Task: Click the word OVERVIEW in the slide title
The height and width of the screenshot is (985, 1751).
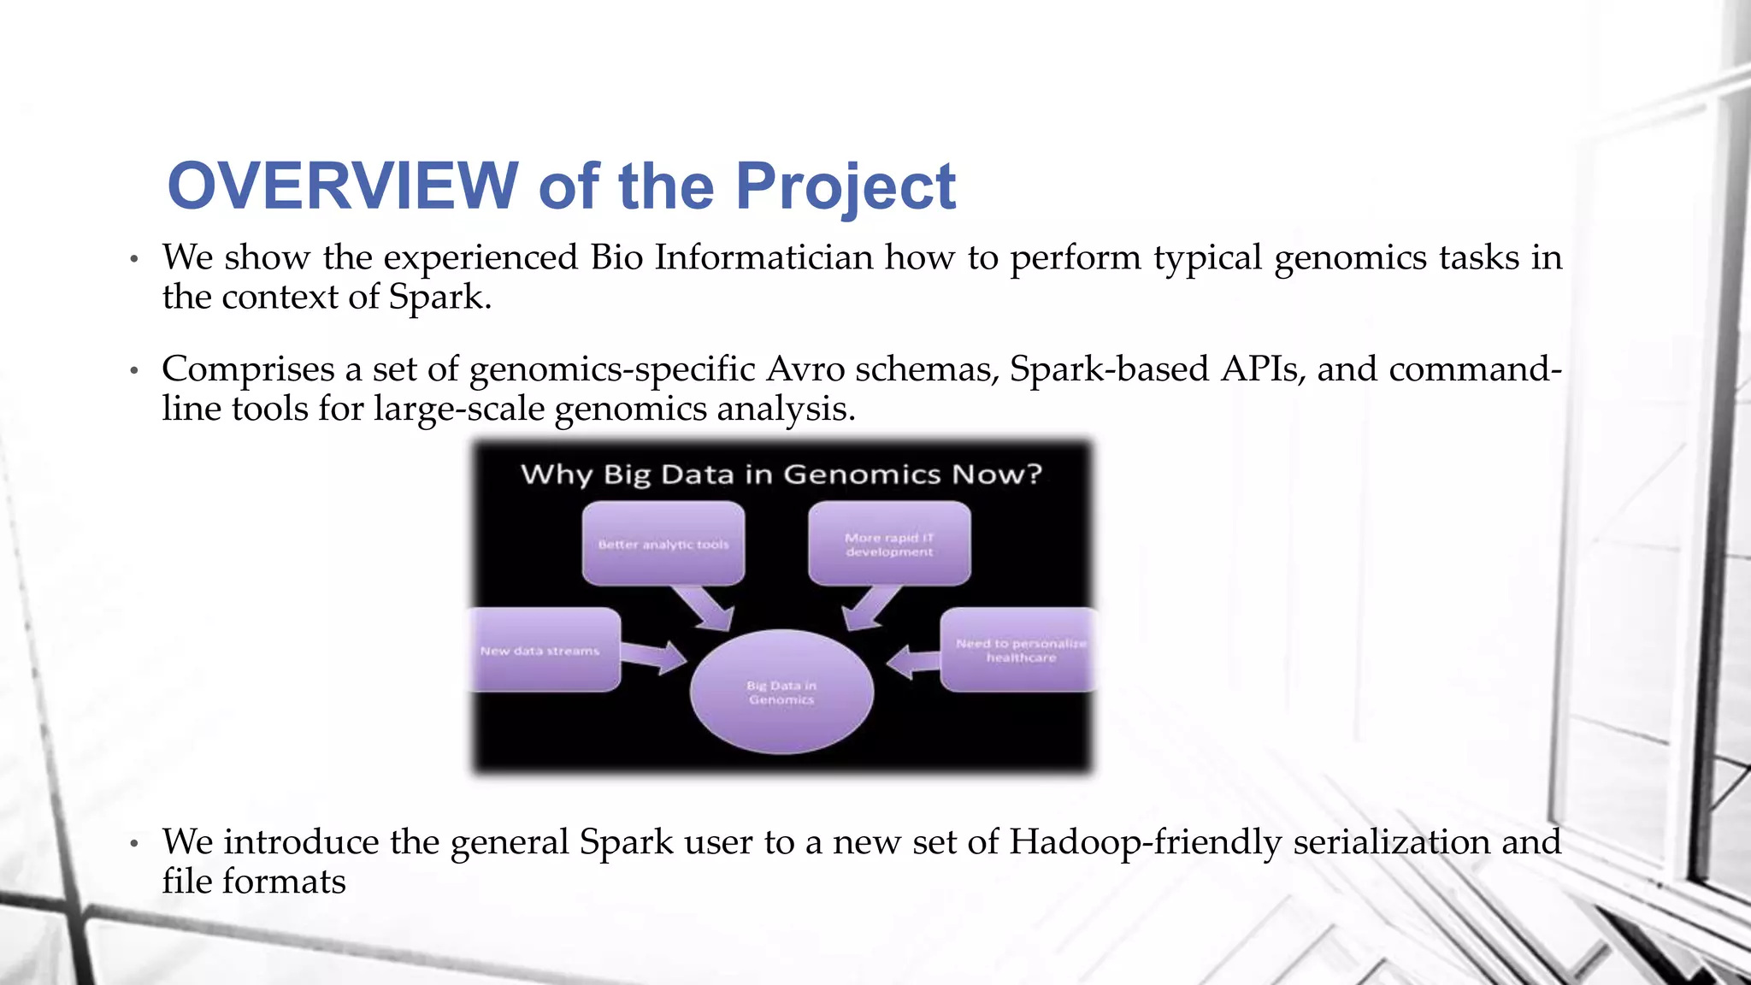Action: (x=342, y=186)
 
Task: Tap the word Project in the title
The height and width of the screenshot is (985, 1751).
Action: (x=845, y=187)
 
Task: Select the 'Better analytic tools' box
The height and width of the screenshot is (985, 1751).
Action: (x=663, y=544)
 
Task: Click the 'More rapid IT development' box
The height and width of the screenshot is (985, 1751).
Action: (x=889, y=544)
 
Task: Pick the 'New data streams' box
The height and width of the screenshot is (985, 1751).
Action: (x=544, y=651)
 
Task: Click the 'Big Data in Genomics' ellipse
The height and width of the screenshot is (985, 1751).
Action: (x=781, y=692)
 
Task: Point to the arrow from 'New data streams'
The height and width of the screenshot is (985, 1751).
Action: (x=654, y=656)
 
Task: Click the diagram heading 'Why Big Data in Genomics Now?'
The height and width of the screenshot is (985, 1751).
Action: (x=781, y=474)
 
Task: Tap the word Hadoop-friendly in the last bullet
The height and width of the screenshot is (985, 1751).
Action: (x=1145, y=842)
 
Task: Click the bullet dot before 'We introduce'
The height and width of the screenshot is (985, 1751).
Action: (x=133, y=844)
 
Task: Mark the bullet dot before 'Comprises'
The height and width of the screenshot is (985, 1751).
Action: (x=133, y=371)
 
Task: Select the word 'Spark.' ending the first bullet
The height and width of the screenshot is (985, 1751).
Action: (x=440, y=298)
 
